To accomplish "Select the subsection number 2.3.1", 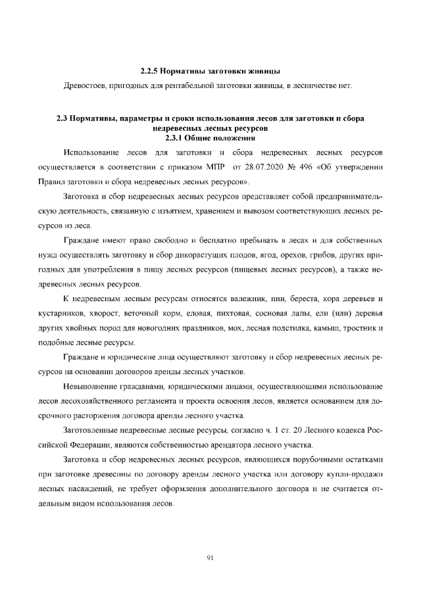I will click(x=175, y=137).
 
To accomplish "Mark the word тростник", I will click(x=362, y=327).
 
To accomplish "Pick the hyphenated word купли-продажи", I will click(x=355, y=474).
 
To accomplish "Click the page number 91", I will click(x=210, y=558).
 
